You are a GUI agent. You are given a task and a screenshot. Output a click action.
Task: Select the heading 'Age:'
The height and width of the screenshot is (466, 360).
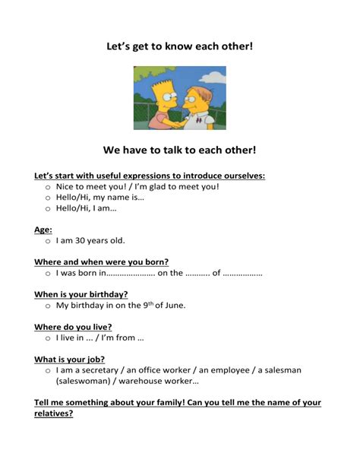[x=43, y=230]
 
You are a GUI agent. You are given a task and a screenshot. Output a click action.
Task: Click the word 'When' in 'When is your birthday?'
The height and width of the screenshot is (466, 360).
[x=46, y=294]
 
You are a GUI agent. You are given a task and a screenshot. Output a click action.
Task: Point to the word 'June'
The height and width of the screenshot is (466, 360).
[x=173, y=306]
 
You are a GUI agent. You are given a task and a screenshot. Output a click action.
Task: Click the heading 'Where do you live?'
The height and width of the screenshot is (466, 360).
[x=73, y=327]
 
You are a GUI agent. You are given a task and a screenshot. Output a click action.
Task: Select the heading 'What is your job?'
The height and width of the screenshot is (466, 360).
[x=69, y=360]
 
